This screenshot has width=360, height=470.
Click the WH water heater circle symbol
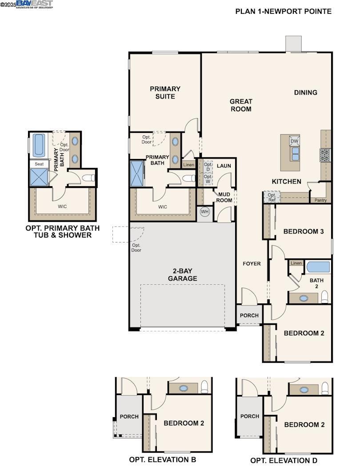[204, 212]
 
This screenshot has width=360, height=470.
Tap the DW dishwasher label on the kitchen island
[294, 141]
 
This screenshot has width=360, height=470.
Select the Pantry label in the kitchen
[320, 200]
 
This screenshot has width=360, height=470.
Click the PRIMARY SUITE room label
[165, 92]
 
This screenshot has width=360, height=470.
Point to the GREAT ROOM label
[241, 105]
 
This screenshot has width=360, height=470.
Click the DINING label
[306, 92]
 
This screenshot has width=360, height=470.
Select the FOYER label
[252, 263]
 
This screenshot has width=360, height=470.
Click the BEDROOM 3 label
[304, 231]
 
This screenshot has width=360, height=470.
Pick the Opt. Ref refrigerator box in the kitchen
[272, 197]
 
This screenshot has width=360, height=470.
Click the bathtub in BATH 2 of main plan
[318, 267]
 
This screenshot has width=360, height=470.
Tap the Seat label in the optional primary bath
[39, 164]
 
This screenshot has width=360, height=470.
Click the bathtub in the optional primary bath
[39, 145]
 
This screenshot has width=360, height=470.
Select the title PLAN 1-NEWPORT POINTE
[283, 11]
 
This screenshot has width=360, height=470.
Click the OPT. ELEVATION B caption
[162, 460]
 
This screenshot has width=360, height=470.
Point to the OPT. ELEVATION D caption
[284, 461]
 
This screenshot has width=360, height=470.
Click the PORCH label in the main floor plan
[249, 315]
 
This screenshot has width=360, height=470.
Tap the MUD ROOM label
[224, 197]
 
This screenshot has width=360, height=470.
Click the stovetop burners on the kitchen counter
[325, 155]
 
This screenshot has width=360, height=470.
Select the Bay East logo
[34, 4]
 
